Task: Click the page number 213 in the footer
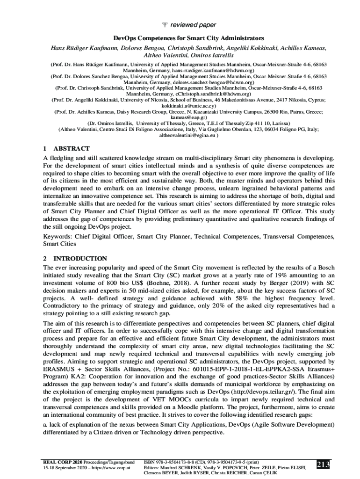(323, 464)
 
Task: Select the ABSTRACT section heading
(72, 148)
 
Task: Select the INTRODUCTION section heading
(80, 258)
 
